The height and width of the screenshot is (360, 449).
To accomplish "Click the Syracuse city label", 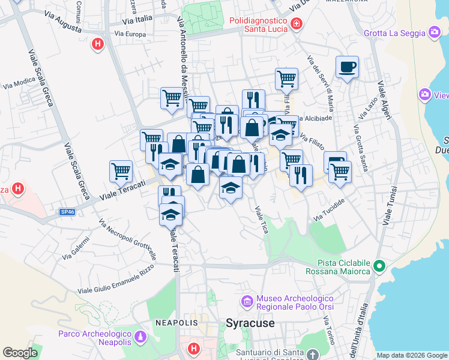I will tap(250, 323).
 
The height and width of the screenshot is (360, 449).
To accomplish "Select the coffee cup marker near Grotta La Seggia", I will tap(346, 67).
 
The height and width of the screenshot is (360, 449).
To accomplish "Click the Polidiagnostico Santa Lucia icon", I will tap(296, 24).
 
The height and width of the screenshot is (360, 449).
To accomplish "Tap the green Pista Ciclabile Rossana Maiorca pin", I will tap(379, 265).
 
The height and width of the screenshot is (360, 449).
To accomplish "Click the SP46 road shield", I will tap(67, 211).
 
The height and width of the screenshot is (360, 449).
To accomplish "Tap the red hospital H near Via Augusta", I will tap(97, 44).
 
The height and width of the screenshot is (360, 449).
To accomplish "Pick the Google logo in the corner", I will tap(20, 353).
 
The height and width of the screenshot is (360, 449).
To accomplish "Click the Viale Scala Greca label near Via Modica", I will tap(40, 78).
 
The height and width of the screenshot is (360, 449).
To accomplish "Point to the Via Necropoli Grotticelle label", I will tap(128, 242).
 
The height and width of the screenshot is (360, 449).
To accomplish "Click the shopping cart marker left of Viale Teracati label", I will tap(121, 171).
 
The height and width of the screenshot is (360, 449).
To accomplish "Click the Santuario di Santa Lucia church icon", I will tap(312, 355).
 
